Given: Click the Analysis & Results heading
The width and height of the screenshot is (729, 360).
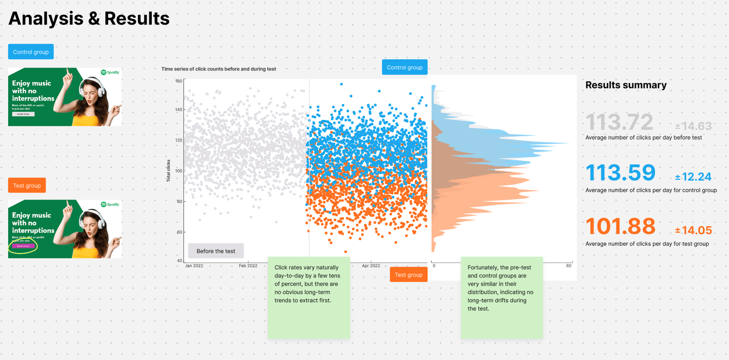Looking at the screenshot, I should click(x=89, y=19).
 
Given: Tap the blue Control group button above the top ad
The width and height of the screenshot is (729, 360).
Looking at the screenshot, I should click(x=31, y=52).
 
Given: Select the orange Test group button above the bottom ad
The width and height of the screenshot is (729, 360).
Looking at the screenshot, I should click(x=27, y=185).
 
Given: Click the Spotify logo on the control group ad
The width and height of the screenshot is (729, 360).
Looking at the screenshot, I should click(x=110, y=72).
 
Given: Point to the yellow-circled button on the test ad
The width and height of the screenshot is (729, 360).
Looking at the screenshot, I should click(x=23, y=246).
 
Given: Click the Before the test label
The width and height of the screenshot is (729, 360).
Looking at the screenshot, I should click(x=216, y=251).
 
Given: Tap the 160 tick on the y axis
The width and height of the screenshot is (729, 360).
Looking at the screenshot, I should click(x=179, y=81).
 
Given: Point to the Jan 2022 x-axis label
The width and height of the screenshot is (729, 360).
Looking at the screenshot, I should click(x=194, y=266).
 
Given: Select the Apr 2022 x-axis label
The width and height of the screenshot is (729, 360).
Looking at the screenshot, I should click(x=371, y=266).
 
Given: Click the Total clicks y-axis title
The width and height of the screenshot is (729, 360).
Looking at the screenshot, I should click(x=168, y=171).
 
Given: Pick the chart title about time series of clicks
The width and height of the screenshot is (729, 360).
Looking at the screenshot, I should click(x=219, y=69).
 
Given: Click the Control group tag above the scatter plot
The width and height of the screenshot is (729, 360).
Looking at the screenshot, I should click(x=405, y=67).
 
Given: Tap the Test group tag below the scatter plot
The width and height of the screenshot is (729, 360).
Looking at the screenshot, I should click(x=409, y=275).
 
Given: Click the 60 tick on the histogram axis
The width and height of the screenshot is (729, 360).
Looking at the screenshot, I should click(x=569, y=266).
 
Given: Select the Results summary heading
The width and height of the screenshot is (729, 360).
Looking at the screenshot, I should click(x=626, y=85).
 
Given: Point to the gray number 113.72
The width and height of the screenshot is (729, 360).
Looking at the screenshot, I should click(x=619, y=122).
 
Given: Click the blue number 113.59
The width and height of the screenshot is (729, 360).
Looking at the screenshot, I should click(x=621, y=173).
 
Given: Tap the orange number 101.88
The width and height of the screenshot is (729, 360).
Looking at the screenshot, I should click(x=621, y=226).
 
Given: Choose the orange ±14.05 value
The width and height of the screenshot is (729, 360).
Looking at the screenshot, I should click(x=693, y=231).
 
